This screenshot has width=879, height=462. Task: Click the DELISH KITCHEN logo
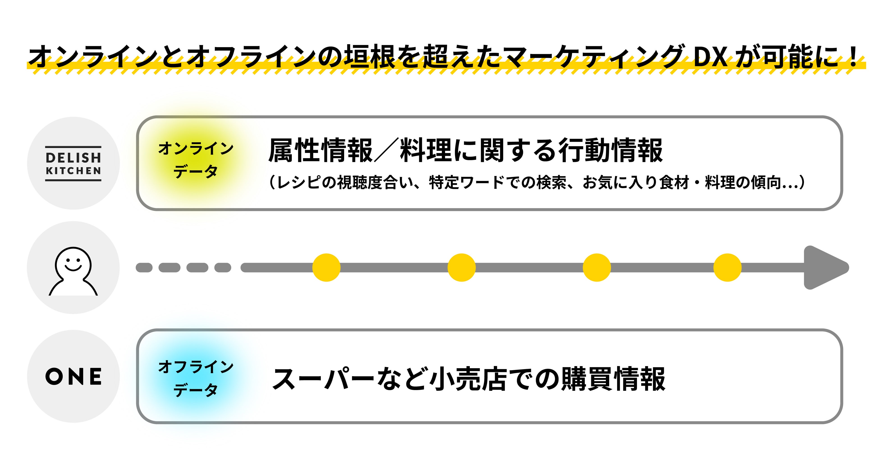pyautogui.click(x=73, y=164)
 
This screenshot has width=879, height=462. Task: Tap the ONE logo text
pyautogui.click(x=73, y=377)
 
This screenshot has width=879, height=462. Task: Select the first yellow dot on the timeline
pyautogui.click(x=326, y=267)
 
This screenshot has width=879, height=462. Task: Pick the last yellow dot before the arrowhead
pyautogui.click(x=727, y=267)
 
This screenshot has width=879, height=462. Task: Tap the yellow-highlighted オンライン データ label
pyautogui.click(x=196, y=160)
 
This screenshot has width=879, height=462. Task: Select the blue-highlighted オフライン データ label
pyautogui.click(x=196, y=378)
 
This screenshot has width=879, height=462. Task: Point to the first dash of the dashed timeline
pyautogui.click(x=144, y=267)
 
